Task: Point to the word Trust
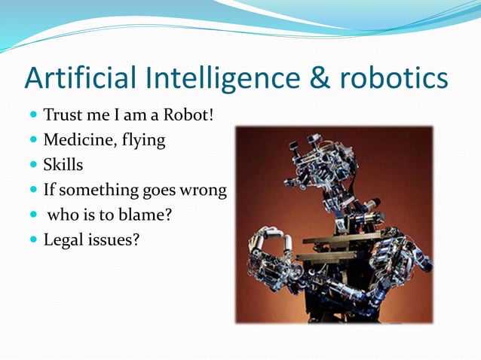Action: [62, 117]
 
